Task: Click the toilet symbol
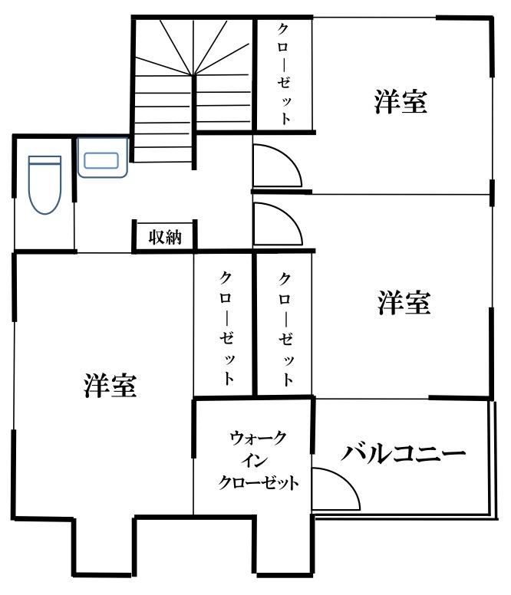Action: click(45, 185)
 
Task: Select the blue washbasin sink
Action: click(103, 157)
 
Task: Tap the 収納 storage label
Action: click(165, 237)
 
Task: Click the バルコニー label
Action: click(403, 452)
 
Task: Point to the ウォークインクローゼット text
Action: click(258, 460)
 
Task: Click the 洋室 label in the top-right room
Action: click(401, 101)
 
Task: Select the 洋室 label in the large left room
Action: click(110, 385)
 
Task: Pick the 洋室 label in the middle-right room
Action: click(404, 302)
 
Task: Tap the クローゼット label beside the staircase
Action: click(284, 74)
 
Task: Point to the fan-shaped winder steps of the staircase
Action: click(193, 47)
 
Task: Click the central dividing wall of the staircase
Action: click(194, 122)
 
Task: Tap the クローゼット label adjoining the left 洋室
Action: click(226, 327)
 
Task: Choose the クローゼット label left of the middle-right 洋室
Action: click(285, 329)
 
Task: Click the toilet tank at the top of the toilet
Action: click(45, 160)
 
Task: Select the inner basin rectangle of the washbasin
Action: click(101, 160)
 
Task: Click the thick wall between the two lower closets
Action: click(255, 324)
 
